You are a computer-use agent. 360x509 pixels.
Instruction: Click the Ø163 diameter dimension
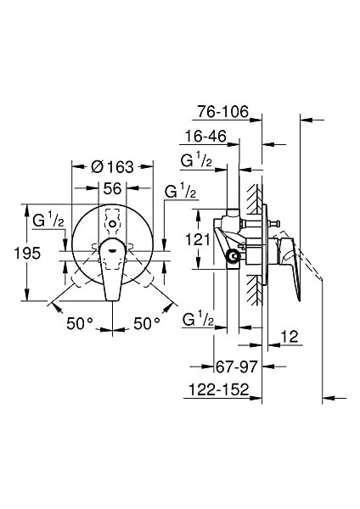[112, 167]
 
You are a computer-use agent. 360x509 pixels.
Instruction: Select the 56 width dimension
[112, 188]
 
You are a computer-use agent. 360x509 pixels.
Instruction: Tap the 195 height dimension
[28, 253]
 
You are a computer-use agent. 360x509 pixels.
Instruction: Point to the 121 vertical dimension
[198, 239]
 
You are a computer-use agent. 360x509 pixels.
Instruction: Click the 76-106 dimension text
[223, 112]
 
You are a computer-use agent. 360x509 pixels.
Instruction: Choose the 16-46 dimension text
[205, 136]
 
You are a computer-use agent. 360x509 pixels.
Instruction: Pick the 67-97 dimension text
[236, 366]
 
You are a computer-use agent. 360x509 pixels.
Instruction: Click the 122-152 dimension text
[219, 389]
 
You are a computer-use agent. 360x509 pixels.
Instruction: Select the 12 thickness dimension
[290, 337]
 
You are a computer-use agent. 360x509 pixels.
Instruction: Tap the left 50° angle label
[80, 323]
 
